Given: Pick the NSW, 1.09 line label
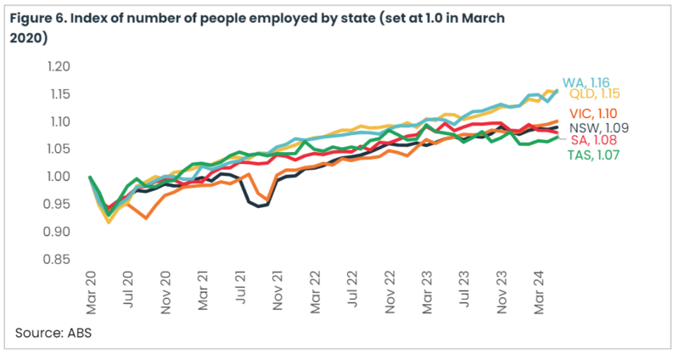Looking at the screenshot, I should tap(596, 128).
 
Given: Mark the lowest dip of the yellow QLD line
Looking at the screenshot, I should tap(109, 222).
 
